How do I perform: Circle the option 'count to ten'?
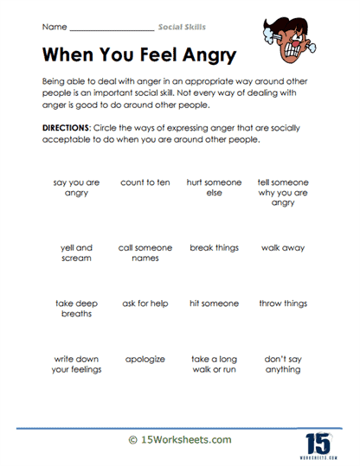tap(145, 183)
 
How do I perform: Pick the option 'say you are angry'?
tap(76, 188)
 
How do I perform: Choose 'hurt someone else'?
tap(214, 188)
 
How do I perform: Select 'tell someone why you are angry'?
tap(282, 193)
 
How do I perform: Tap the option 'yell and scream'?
tap(76, 253)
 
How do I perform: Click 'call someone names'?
tap(145, 253)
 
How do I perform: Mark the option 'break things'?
tap(214, 248)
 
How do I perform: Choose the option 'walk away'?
tap(282, 248)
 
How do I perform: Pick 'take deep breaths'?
tap(76, 309)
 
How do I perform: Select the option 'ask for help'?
tap(145, 303)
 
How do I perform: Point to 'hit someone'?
tap(214, 303)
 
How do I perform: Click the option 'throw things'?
tap(282, 303)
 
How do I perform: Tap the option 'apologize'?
tap(145, 359)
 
